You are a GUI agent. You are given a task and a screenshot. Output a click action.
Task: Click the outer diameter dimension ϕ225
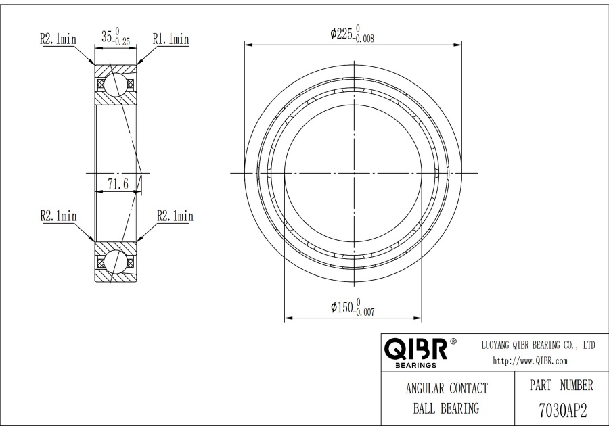coord(342,34)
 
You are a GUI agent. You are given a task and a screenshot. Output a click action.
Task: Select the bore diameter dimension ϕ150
coord(342,308)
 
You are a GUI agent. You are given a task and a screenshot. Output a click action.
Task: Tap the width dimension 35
coord(107,37)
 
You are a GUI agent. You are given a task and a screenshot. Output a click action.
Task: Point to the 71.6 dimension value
coord(118,184)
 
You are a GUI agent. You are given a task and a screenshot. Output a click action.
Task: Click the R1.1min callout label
coord(171,39)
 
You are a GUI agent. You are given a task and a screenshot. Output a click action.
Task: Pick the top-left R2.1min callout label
coord(58,39)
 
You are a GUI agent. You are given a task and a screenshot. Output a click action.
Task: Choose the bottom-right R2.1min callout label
coord(175,216)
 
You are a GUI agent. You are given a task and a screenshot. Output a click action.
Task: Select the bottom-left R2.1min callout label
coord(59,216)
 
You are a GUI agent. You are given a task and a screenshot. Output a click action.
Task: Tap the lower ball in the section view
coord(115,262)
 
